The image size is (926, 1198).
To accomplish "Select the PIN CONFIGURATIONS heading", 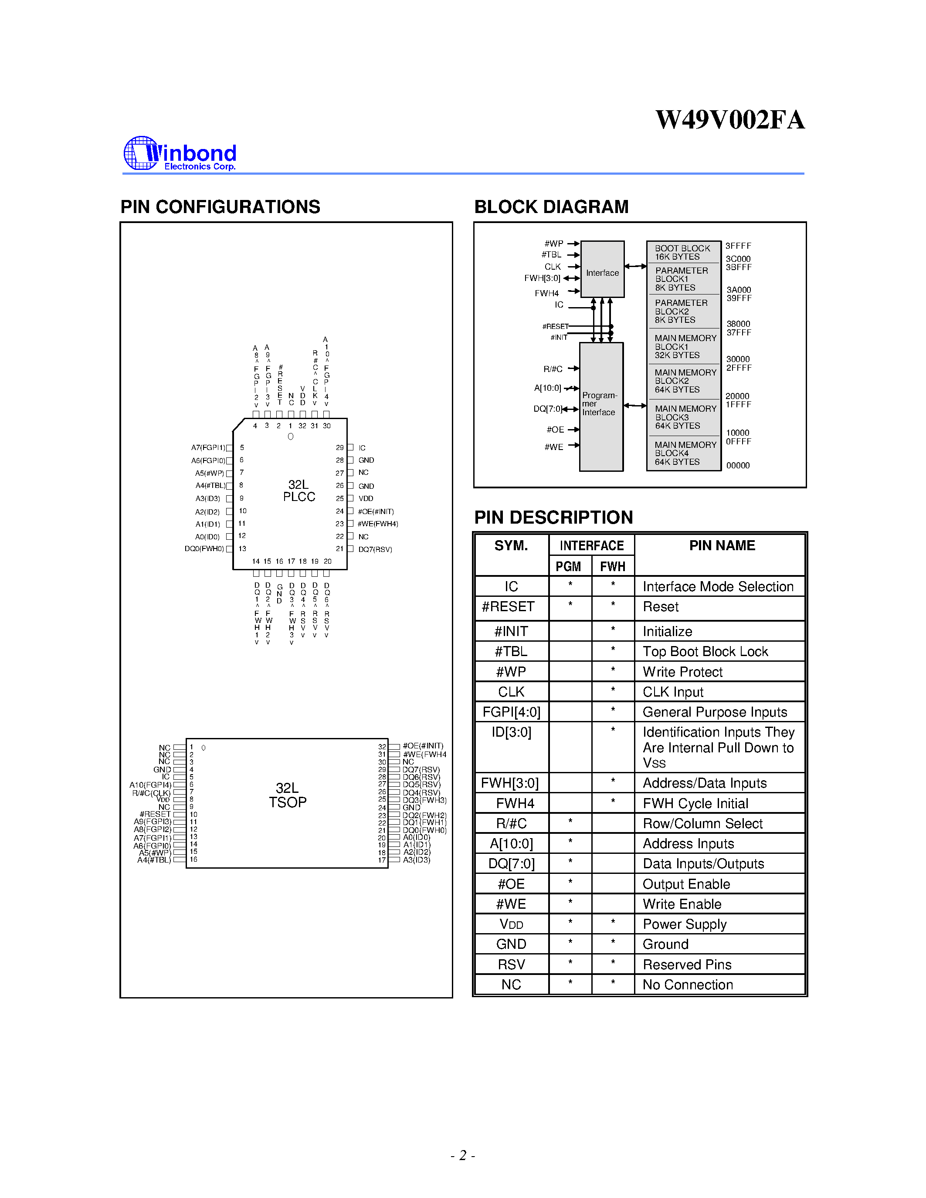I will click(x=220, y=207).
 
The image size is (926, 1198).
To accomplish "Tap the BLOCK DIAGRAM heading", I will click(x=551, y=207).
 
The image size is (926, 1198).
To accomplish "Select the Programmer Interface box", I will click(x=600, y=406).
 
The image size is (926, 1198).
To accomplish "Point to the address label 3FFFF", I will click(x=738, y=246).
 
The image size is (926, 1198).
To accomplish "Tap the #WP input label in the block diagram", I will click(x=553, y=244).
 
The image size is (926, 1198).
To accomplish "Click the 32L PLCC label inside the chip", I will click(x=298, y=491).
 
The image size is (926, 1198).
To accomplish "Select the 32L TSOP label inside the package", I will click(x=288, y=795).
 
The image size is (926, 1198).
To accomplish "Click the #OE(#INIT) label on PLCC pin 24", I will click(x=376, y=511).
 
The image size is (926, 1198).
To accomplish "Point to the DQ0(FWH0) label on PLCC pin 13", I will click(x=204, y=548).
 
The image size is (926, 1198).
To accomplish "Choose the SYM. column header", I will click(x=511, y=545).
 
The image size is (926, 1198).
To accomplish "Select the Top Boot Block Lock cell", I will click(x=705, y=652).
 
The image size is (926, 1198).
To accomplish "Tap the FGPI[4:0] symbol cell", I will click(x=511, y=712).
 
